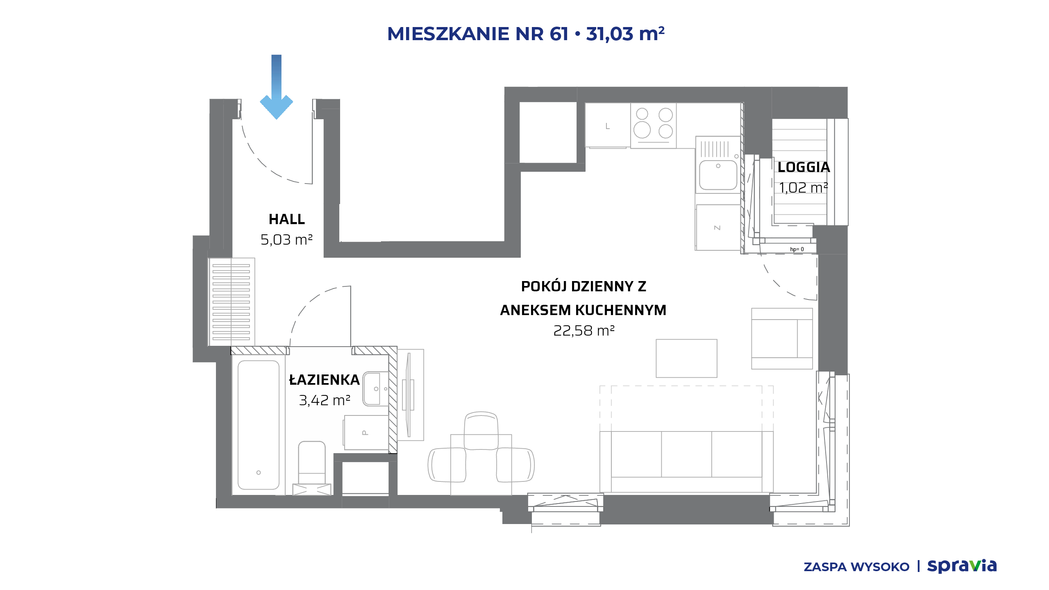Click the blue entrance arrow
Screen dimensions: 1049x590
[x=277, y=87]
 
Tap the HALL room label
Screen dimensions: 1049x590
[x=287, y=220]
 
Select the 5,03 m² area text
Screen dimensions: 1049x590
[x=287, y=240]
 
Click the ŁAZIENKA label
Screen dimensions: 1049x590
[x=325, y=380]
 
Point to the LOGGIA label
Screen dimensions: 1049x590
[x=804, y=167]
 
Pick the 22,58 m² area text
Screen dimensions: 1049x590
[x=584, y=331]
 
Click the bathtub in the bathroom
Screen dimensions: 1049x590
[x=259, y=425]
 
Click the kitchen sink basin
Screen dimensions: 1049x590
[x=718, y=175]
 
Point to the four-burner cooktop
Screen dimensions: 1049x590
[x=654, y=125]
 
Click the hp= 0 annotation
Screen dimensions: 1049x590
[x=797, y=249]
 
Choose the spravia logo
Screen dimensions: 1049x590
[x=962, y=566]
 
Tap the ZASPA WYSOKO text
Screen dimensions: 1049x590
[x=856, y=567]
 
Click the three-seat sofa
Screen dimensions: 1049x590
[x=686, y=461]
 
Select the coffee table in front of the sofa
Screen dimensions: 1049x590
[x=686, y=359]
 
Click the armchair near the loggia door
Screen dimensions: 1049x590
[x=782, y=339]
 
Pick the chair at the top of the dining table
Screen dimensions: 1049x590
[x=481, y=431]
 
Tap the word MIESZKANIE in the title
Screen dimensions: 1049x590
[x=448, y=34]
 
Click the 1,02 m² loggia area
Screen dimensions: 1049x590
[x=804, y=188]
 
